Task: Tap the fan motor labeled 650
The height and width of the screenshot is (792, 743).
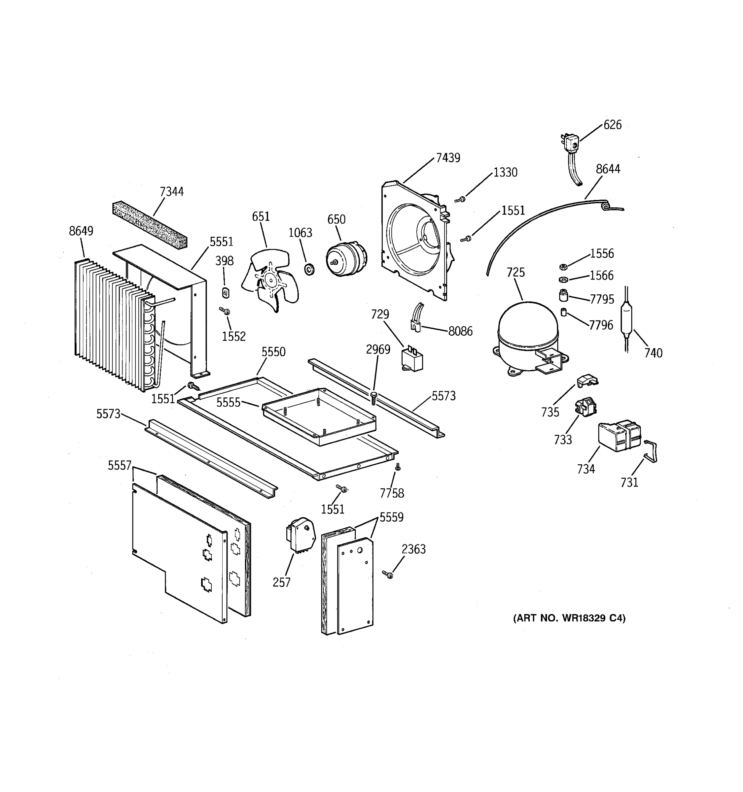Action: pyautogui.click(x=345, y=259)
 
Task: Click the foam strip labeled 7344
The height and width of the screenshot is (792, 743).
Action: pyautogui.click(x=150, y=225)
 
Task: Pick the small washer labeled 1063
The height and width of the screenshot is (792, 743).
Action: pyautogui.click(x=309, y=270)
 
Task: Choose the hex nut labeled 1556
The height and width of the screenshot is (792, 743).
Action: pyautogui.click(x=563, y=266)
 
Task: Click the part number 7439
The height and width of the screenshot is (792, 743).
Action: pyautogui.click(x=448, y=158)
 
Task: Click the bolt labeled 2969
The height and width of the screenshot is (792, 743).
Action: pyautogui.click(x=373, y=398)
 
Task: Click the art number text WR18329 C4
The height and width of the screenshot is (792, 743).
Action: pyautogui.click(x=569, y=618)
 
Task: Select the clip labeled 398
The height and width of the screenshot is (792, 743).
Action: pyautogui.click(x=226, y=293)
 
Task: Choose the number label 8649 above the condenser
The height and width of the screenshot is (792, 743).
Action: pyautogui.click(x=81, y=231)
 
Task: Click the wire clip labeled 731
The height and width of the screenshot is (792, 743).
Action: pyautogui.click(x=651, y=451)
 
